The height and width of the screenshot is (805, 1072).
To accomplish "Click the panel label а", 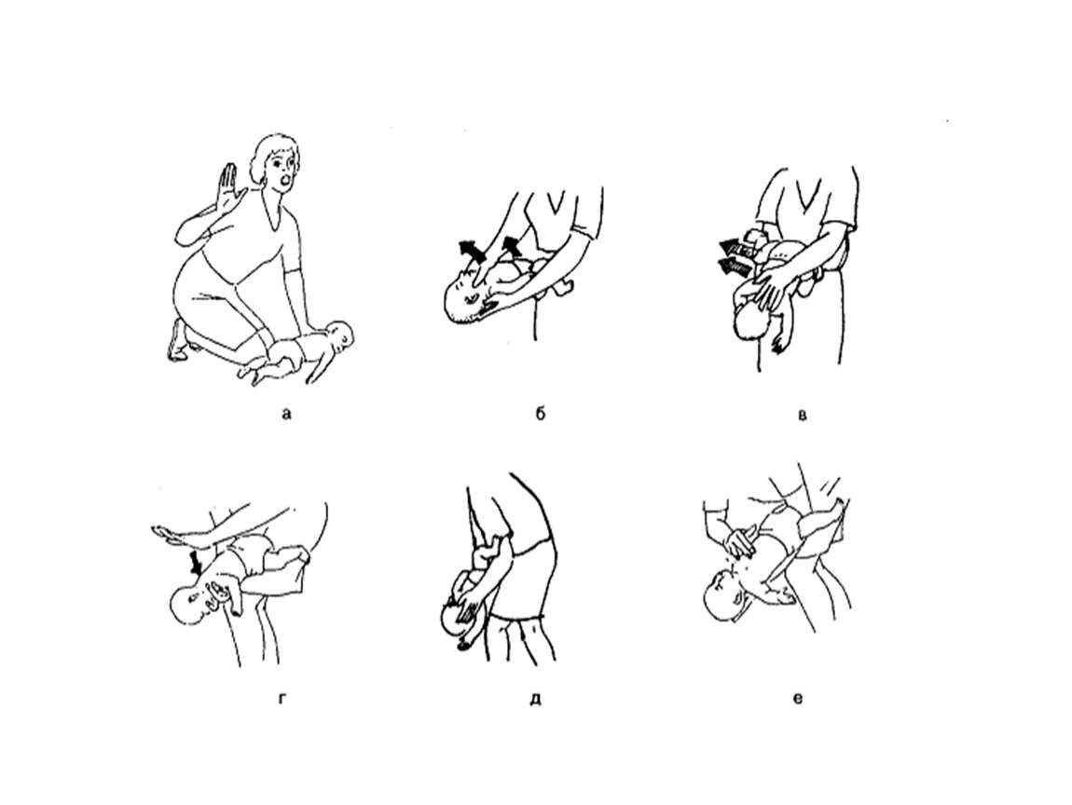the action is click(286, 414).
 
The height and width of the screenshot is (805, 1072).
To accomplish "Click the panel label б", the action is click(540, 413).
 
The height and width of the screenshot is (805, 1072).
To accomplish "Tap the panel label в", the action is click(803, 414).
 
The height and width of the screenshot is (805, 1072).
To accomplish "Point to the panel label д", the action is click(535, 699).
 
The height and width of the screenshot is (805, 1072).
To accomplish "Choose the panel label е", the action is click(798, 699).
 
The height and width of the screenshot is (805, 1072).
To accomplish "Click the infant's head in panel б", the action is click(464, 294).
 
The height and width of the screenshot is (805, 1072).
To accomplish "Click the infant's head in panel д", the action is click(457, 614).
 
